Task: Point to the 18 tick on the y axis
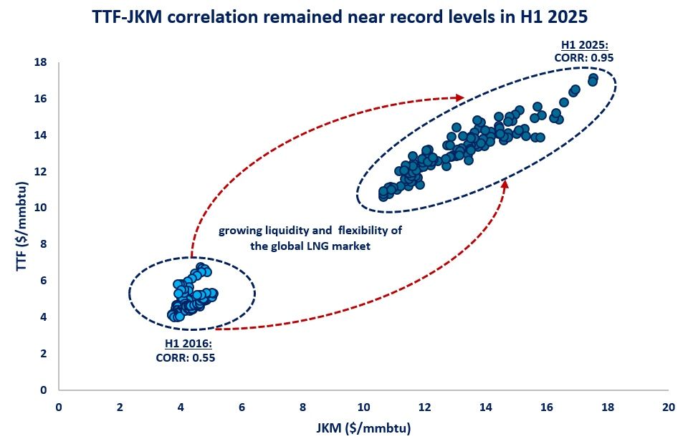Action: pyautogui.click(x=41, y=62)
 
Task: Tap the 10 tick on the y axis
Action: pyautogui.click(x=41, y=208)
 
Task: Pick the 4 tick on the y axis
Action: pyautogui.click(x=44, y=317)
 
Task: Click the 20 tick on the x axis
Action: pyautogui.click(x=668, y=407)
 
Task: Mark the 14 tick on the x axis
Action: pyautogui.click(x=485, y=407)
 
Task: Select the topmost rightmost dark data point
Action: pyautogui.click(x=593, y=78)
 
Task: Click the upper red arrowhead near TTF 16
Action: pyautogui.click(x=460, y=97)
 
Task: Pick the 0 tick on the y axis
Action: pyautogui.click(x=44, y=390)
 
